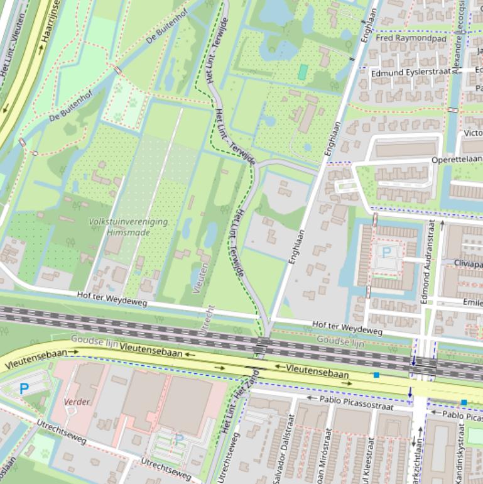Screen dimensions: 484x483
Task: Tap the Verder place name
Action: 77,402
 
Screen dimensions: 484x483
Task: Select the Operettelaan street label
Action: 456,160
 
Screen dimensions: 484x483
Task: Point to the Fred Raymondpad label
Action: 411,38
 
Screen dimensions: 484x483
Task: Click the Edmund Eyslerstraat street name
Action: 411,72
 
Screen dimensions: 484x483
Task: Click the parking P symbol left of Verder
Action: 24,389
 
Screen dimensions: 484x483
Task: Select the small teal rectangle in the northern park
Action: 303,72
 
